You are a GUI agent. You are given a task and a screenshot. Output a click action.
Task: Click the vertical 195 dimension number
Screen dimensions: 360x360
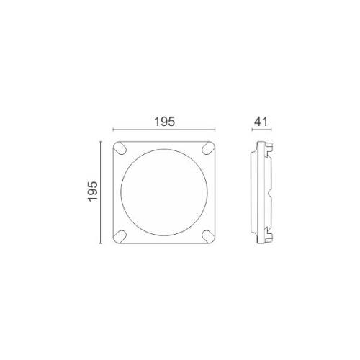click(x=92, y=192)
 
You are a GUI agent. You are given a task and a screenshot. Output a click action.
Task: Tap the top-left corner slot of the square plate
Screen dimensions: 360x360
click(x=122, y=149)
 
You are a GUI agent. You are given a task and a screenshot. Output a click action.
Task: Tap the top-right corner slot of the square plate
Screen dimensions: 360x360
click(x=210, y=149)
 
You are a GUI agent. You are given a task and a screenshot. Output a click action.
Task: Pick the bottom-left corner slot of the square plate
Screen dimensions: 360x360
click(x=122, y=236)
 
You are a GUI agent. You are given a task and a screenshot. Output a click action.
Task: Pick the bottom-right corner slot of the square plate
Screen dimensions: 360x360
click(x=210, y=236)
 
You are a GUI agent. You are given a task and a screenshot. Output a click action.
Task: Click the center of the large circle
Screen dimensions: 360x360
click(x=166, y=193)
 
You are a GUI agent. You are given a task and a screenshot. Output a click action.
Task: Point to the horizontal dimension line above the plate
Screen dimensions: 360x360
click(x=166, y=130)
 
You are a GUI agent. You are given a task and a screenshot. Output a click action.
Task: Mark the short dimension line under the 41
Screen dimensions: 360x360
click(x=262, y=130)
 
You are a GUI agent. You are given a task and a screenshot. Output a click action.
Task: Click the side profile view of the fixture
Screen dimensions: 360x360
click(x=261, y=193)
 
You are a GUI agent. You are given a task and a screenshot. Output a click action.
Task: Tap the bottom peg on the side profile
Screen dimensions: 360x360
click(x=271, y=238)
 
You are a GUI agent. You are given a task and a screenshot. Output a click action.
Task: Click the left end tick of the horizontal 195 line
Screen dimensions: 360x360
click(x=114, y=130)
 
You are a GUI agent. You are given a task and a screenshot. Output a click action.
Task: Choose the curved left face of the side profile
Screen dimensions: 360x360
click(x=253, y=193)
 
